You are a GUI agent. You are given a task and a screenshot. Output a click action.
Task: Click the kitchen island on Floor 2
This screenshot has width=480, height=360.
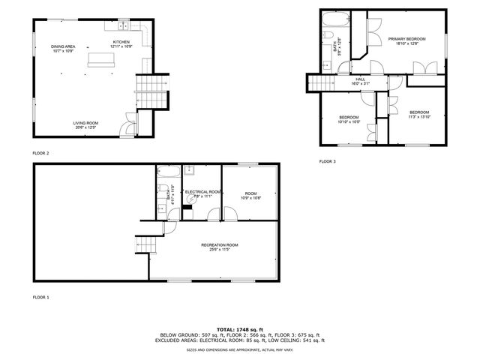click(98, 59)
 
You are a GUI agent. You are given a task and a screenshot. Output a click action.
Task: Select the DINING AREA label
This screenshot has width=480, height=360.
click(64, 46)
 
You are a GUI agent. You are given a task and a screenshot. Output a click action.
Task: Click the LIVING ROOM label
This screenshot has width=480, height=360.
click(85, 123)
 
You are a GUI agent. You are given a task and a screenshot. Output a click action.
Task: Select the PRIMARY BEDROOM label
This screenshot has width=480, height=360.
click(406, 38)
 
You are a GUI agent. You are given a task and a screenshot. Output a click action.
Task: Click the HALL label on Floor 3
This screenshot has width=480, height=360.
click(360, 79)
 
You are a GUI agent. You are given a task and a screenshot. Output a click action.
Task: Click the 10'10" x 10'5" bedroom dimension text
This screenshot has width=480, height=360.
click(349, 122)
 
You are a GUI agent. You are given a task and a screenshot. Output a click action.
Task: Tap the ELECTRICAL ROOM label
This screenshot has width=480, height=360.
click(202, 192)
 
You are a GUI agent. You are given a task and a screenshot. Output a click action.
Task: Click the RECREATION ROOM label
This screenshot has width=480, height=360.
click(220, 245)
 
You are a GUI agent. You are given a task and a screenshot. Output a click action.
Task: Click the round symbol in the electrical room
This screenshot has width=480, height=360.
click(193, 197)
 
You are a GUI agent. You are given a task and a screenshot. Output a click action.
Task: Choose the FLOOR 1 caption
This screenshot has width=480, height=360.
click(41, 298)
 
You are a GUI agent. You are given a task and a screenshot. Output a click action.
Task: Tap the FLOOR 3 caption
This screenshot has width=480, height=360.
click(328, 161)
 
